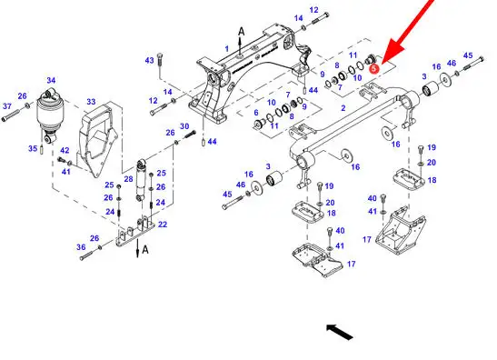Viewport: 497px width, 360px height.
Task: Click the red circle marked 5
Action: pos(374,68)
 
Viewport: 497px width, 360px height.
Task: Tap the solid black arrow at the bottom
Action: pos(340,332)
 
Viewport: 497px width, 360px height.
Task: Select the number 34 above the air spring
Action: pos(51,80)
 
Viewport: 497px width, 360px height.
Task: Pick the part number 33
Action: pos(91,102)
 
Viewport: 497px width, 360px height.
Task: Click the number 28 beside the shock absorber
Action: pos(128,179)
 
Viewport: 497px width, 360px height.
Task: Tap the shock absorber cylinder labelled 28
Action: pos(141,181)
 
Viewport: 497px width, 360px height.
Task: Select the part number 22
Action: pos(163,225)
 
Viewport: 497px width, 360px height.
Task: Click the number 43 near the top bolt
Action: pos(149,60)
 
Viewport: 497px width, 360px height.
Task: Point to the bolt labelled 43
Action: pos(159,65)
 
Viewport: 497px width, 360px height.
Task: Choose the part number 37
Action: pos(7,106)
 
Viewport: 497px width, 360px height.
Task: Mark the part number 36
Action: pos(81,247)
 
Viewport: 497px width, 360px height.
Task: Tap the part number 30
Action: pos(184,126)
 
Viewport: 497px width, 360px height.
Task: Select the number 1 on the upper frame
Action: pos(226,49)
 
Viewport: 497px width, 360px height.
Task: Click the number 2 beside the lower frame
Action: pos(343,108)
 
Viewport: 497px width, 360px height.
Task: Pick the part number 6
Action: pos(256,113)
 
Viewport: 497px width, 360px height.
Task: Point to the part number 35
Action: pos(33,148)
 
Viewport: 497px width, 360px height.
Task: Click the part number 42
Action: pos(65,150)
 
